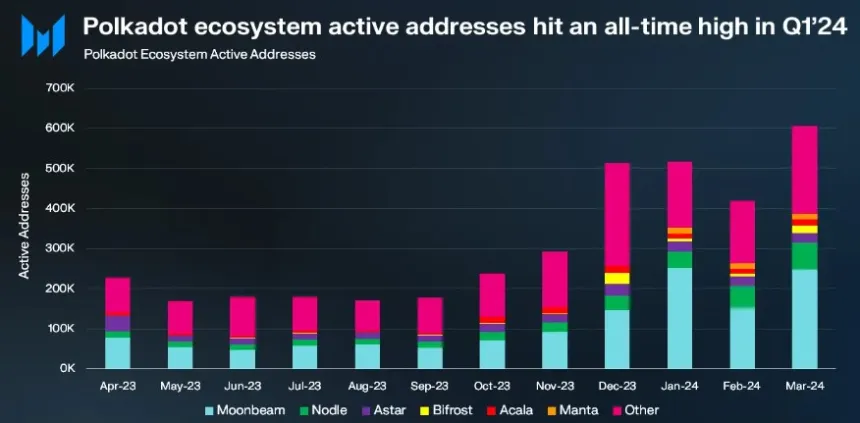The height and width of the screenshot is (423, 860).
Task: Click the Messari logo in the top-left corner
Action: [x=43, y=35]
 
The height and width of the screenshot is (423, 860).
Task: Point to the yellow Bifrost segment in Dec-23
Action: [x=617, y=278]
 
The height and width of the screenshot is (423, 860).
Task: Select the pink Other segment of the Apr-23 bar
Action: [x=118, y=295]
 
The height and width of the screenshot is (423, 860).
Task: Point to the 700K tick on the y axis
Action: [x=61, y=88]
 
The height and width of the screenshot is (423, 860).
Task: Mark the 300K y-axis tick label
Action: [x=61, y=248]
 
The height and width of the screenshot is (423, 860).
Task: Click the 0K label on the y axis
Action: [x=67, y=368]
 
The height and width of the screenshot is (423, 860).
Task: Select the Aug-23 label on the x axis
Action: [x=367, y=385]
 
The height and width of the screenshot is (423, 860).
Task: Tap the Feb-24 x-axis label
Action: [x=742, y=385]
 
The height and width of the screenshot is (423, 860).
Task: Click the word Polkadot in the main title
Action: [x=131, y=24]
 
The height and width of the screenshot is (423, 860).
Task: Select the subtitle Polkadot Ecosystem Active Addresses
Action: [x=200, y=54]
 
